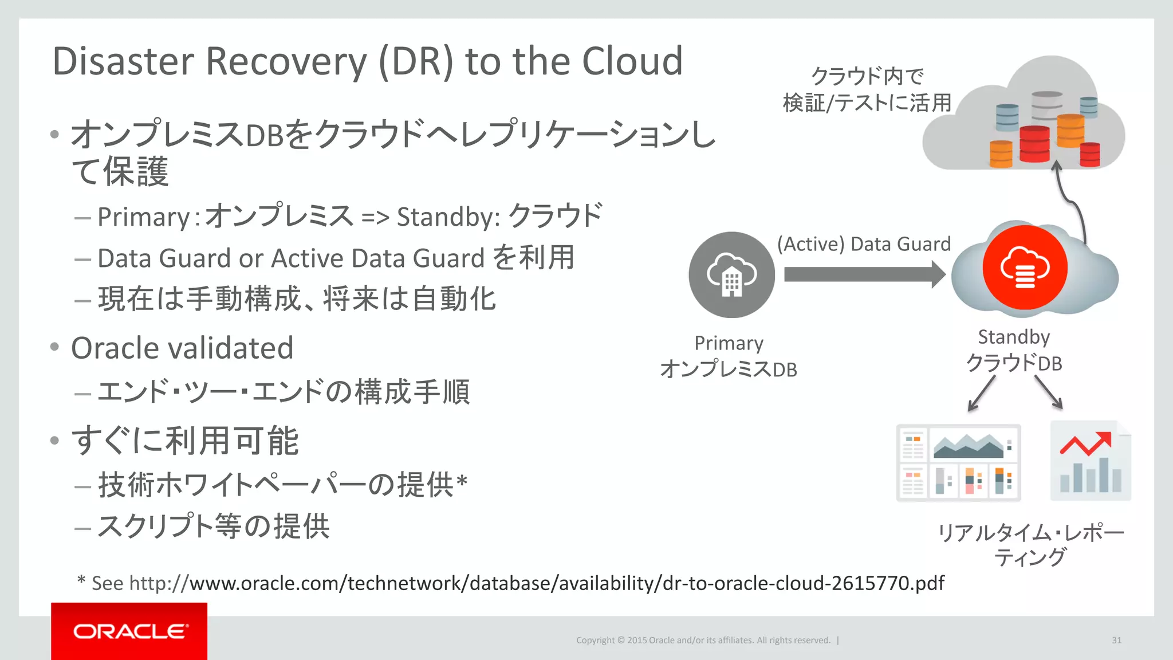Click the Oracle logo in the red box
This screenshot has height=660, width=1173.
click(x=129, y=631)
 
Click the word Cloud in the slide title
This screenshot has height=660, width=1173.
click(x=632, y=61)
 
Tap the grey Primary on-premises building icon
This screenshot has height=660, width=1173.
click(x=731, y=275)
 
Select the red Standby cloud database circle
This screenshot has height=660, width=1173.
click(x=1025, y=268)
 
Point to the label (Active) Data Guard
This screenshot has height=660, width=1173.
click(x=864, y=244)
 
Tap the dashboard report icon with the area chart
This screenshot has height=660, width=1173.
click(x=959, y=463)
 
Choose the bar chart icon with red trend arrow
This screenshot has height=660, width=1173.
click(x=1091, y=462)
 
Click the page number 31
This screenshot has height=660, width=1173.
click(x=1116, y=640)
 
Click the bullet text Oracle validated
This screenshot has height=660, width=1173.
click(x=182, y=348)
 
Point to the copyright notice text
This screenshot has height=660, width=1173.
click(x=703, y=640)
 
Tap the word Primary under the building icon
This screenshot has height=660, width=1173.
click(x=729, y=343)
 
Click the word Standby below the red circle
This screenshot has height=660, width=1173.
click(x=1014, y=337)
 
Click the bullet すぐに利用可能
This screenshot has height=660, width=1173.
click(x=184, y=441)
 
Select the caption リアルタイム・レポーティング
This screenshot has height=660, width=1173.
click(x=1030, y=545)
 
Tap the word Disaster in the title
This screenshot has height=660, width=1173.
click(x=123, y=61)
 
